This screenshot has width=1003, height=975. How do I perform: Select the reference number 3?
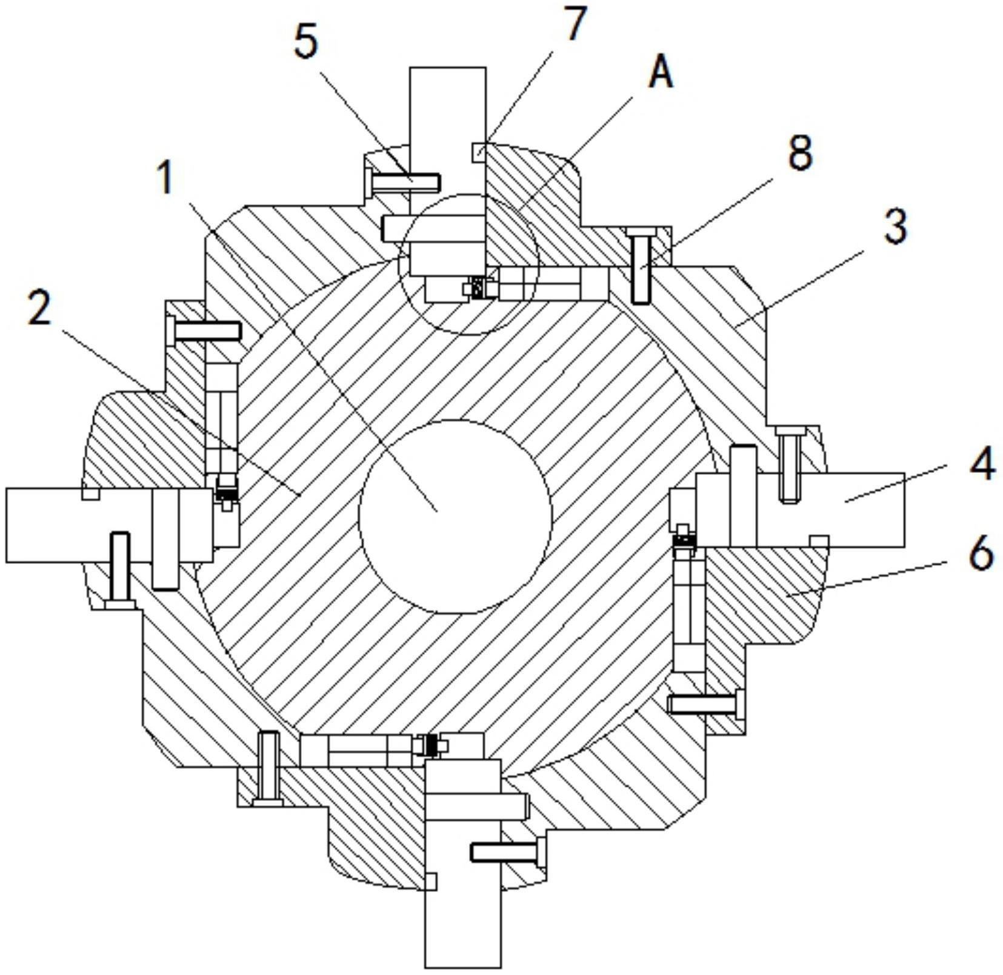(895, 226)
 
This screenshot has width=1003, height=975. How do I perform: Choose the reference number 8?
(800, 152)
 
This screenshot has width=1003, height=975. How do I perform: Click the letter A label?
(661, 74)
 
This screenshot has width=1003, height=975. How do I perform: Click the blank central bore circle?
(455, 517)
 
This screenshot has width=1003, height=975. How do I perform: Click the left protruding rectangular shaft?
(110, 525)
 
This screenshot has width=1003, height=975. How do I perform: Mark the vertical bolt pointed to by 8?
(642, 264)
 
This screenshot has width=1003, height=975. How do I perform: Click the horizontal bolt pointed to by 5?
(403, 181)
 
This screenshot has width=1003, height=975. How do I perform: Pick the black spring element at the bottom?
(430, 745)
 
